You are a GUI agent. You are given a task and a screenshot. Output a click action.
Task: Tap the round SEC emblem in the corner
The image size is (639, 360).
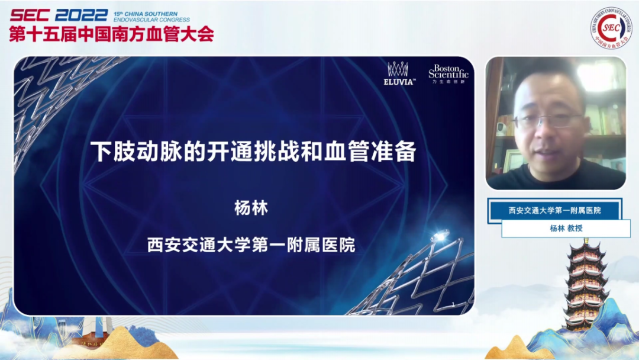tap(610, 28)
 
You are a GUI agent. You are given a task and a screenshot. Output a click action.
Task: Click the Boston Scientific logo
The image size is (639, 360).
tap(448, 73)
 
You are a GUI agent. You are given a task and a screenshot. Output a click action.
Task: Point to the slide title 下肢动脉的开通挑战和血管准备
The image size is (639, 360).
tap(253, 152)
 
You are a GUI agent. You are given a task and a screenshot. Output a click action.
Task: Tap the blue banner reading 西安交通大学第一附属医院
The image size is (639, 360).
tap(554, 210)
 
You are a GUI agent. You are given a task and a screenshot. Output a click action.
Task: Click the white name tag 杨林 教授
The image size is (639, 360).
tap(566, 228)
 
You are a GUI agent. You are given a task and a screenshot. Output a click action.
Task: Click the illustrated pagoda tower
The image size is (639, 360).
tap(585, 284)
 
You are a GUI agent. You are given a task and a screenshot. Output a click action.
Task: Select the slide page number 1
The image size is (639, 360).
tap(453, 304)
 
